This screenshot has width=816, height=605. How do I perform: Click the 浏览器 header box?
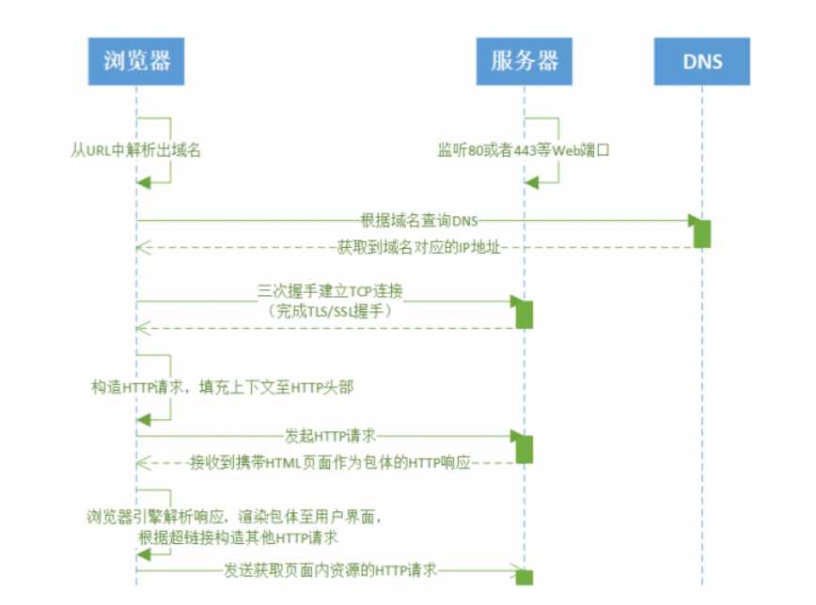point(135,61)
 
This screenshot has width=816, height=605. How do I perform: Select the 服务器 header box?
point(524,61)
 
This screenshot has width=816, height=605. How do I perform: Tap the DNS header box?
point(702,61)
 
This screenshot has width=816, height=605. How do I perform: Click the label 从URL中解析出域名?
point(135,150)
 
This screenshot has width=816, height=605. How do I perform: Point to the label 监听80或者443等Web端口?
point(524,150)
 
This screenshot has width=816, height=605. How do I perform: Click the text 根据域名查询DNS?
point(419,221)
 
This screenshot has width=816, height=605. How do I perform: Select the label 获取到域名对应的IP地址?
point(419,247)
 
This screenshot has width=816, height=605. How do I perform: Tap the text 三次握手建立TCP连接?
point(330,291)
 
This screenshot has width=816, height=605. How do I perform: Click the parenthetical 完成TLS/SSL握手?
point(330,311)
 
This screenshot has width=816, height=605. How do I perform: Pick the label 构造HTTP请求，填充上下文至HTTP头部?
point(223,387)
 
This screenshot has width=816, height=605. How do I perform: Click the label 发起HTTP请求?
point(330,435)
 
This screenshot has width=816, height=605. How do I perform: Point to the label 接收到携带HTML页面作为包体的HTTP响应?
point(330,462)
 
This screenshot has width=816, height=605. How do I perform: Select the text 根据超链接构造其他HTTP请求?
point(239,537)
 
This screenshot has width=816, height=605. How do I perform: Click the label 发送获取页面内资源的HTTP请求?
point(330,570)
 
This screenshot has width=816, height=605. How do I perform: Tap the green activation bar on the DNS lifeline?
point(702,234)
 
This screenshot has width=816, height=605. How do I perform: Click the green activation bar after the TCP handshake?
point(524,314)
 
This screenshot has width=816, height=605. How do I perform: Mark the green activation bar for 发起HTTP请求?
point(524,449)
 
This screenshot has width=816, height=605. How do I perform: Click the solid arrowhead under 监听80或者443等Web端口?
point(531,182)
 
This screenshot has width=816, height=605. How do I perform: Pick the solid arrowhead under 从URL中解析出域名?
point(143,182)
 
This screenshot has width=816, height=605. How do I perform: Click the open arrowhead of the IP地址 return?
point(143,247)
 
